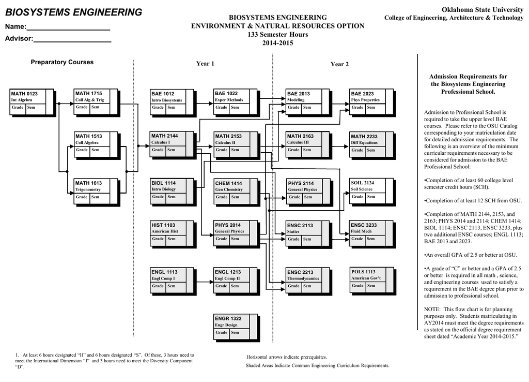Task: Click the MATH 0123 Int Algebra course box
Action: [x=32, y=101]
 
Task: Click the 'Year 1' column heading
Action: [x=205, y=64]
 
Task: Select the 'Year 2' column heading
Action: [x=339, y=64]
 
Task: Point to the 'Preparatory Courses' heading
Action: [x=62, y=62]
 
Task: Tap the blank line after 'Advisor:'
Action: [x=72, y=39]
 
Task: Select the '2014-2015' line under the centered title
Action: [x=278, y=43]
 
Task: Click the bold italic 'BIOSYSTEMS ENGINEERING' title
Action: [x=73, y=12]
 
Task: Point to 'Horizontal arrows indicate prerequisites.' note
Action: [x=286, y=357]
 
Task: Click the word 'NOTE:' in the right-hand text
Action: [x=432, y=309]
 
